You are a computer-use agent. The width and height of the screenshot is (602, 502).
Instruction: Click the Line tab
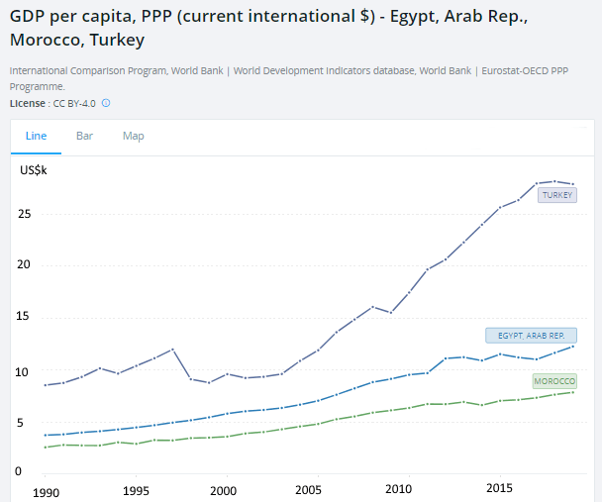36,136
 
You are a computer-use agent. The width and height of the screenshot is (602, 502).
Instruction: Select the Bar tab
84,136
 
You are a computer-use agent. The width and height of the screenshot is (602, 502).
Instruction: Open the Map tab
133,136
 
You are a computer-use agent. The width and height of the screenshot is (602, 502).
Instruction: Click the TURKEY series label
556,195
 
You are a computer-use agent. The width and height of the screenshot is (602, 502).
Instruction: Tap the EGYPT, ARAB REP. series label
531,336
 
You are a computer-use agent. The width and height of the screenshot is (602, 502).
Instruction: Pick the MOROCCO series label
554,381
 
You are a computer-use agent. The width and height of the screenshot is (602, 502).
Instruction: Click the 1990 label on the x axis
46,490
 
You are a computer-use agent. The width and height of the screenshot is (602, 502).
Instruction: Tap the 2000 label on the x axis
225,490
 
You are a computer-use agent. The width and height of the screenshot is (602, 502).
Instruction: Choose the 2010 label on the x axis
398,490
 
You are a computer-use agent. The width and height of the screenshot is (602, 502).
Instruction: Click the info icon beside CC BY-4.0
106,103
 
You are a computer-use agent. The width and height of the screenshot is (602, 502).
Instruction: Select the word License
27,103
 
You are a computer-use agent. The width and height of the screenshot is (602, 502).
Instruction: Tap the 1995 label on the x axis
136,490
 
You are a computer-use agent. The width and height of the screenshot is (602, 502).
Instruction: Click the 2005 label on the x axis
310,490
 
